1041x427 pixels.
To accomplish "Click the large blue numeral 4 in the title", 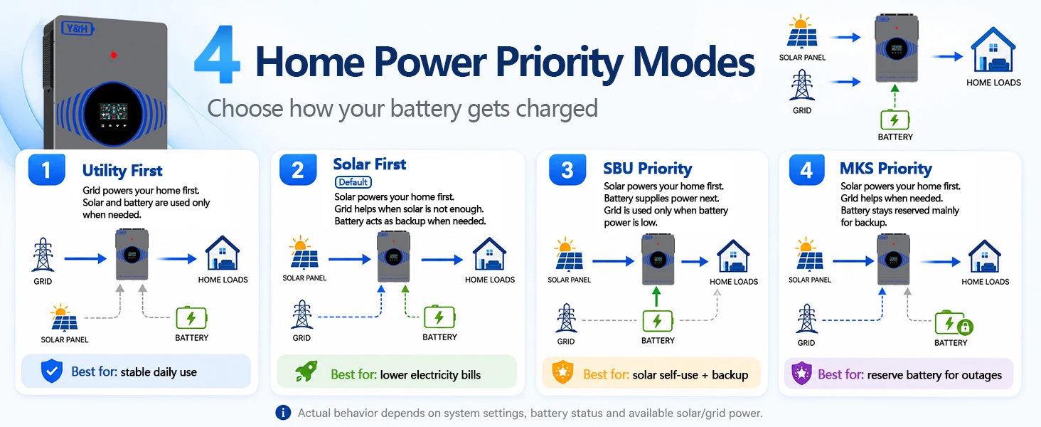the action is [x=217, y=54].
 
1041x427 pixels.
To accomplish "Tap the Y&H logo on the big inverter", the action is [x=78, y=29].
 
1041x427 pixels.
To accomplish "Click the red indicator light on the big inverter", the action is [x=113, y=56].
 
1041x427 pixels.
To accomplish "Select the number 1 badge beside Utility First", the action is [x=46, y=170].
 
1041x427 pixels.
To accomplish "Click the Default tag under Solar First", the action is [x=353, y=182].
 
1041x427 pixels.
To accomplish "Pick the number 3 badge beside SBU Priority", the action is [x=567, y=170].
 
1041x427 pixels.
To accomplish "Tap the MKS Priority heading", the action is [x=886, y=169].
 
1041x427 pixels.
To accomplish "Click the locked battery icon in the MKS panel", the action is [x=954, y=324].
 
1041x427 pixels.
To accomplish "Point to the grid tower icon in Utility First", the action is [x=43, y=255].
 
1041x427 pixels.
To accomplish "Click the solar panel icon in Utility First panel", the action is [x=64, y=317].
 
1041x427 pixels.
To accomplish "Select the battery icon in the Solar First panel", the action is [x=439, y=317].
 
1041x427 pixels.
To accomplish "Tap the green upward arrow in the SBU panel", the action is [x=656, y=297].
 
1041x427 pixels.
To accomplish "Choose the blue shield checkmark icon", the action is [x=52, y=371].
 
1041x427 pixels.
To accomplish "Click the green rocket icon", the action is [x=306, y=372].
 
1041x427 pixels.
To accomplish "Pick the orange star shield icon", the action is [x=562, y=372].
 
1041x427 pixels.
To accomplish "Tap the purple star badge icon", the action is [x=801, y=373].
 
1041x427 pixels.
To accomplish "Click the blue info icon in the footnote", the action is [x=283, y=413].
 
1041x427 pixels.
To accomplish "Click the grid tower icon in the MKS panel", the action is [x=806, y=318].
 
